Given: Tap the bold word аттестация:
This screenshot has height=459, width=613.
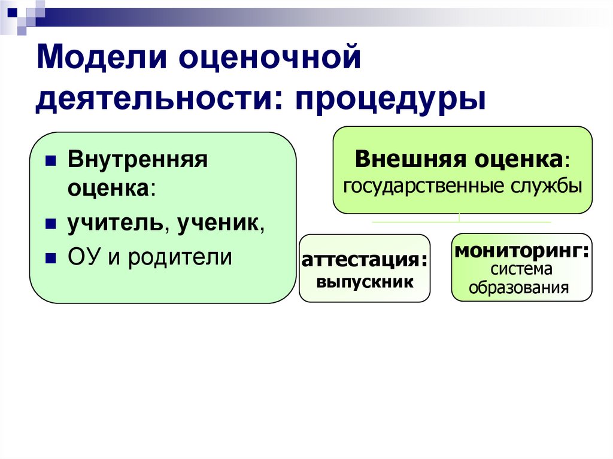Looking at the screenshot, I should click(x=365, y=262).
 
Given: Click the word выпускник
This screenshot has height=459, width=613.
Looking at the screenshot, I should click(x=365, y=281).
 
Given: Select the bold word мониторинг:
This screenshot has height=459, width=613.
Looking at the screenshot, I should click(x=521, y=250).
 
